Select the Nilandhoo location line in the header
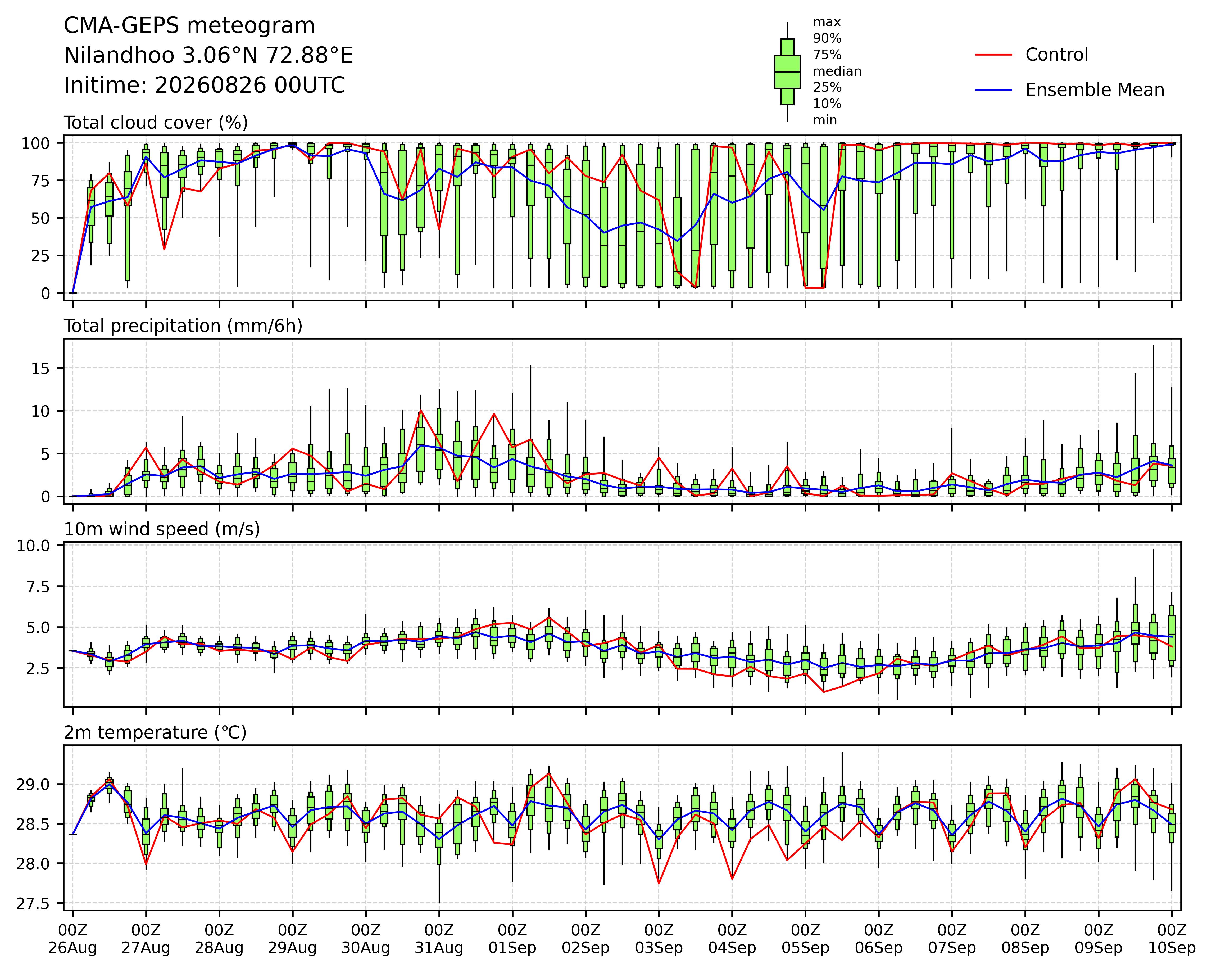(208, 56)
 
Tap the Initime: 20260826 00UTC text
(205, 85)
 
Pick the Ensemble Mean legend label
(1095, 90)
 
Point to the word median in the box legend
(837, 71)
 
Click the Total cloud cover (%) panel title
(156, 123)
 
